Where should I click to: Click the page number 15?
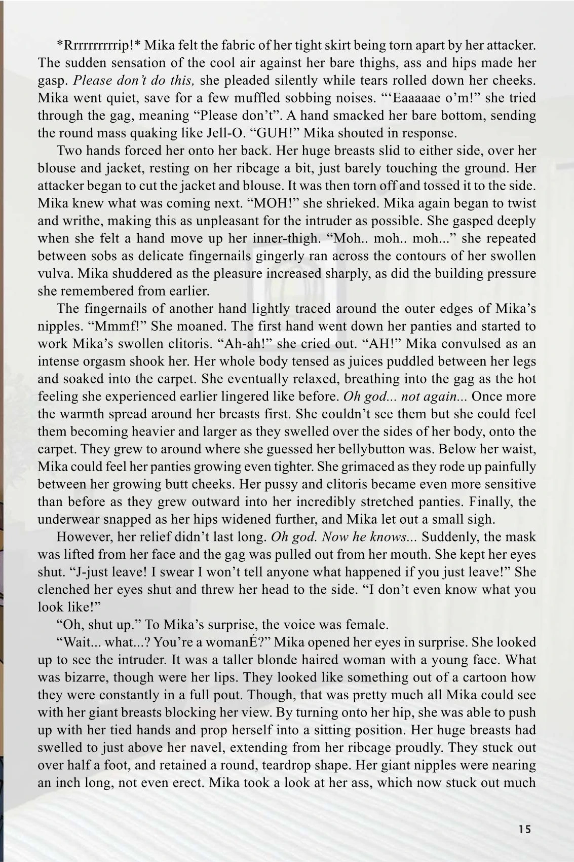[x=525, y=830]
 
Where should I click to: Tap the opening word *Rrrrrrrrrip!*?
[x=99, y=46]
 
